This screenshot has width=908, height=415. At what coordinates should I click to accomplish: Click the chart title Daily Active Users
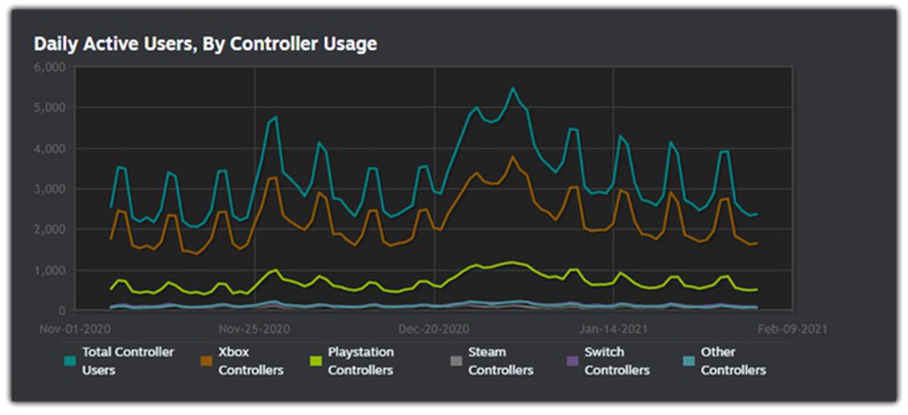(x=205, y=44)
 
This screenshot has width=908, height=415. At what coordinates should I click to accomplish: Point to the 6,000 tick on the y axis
(x=51, y=67)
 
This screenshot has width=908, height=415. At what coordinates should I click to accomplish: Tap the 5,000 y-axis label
(x=51, y=108)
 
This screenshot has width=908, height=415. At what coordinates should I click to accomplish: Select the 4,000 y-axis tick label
(x=51, y=149)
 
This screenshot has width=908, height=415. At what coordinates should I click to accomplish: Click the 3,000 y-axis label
(x=51, y=189)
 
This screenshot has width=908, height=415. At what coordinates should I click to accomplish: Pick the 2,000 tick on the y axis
(x=51, y=230)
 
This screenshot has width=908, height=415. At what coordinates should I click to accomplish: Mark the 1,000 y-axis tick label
(x=51, y=271)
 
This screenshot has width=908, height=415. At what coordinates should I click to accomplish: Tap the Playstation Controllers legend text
(x=361, y=361)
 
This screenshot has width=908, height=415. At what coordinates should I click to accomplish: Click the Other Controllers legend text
(x=732, y=361)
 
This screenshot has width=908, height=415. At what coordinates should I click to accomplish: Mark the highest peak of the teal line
(x=513, y=88)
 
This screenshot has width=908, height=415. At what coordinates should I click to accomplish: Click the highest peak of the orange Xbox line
(x=513, y=157)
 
